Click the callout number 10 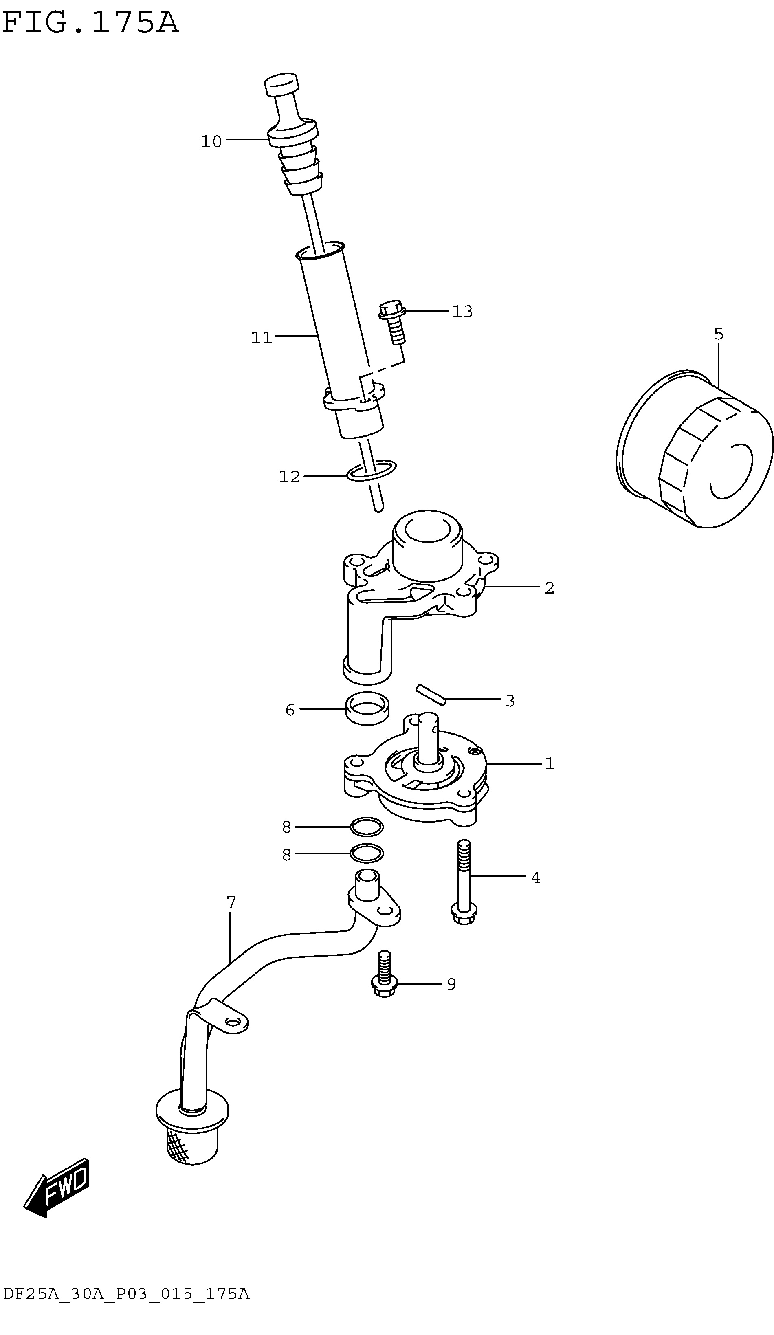pyautogui.click(x=211, y=141)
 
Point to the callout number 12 pyautogui.click(x=289, y=477)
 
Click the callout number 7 pyautogui.click(x=231, y=902)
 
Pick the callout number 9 pyautogui.click(x=451, y=984)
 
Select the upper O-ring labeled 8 pyautogui.click(x=367, y=827)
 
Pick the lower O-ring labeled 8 pyautogui.click(x=367, y=853)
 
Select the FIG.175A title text pyautogui.click(x=90, y=23)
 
